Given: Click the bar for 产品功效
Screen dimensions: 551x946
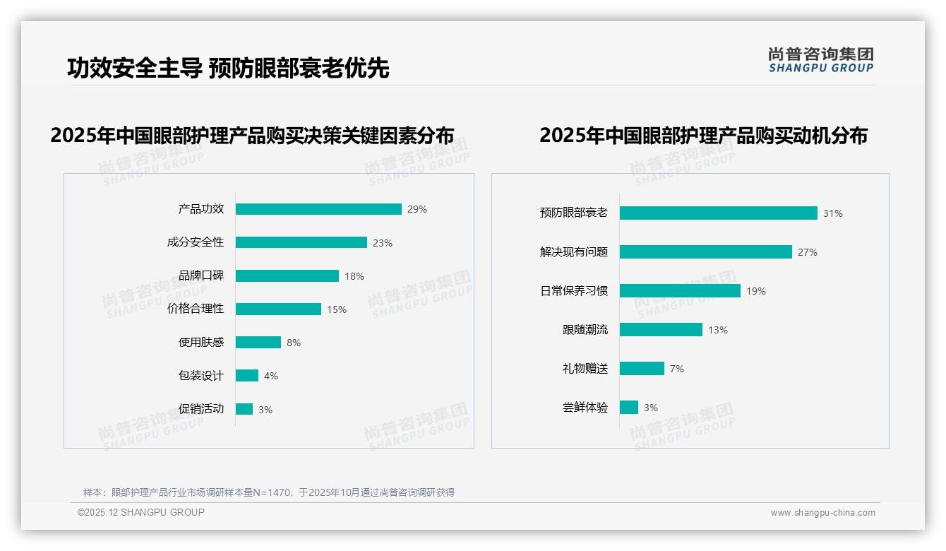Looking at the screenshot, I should (x=318, y=209).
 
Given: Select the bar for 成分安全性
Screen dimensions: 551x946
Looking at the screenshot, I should (x=301, y=242).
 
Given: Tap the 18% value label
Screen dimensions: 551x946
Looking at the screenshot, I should (x=354, y=276).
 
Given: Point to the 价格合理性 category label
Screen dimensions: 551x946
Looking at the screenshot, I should (x=196, y=309).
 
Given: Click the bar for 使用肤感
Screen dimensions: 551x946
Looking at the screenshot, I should (x=258, y=343).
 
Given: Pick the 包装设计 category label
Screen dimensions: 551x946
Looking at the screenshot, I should (x=201, y=376).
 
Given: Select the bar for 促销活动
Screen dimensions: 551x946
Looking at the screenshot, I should (x=244, y=409).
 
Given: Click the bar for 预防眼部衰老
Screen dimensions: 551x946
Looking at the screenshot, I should (x=719, y=213).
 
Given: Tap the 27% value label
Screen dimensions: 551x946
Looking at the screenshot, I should (x=808, y=252).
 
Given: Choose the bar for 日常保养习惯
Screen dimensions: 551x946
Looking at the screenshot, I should (x=680, y=291).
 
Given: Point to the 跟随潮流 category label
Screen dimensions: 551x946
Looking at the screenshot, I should (x=585, y=330).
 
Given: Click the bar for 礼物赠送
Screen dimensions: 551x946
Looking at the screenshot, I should (x=642, y=369).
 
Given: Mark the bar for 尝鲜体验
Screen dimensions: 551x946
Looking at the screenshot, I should (x=629, y=408).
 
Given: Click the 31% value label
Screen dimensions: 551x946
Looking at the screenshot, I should (x=833, y=213).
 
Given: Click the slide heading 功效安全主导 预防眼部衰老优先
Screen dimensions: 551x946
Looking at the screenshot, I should (x=228, y=68).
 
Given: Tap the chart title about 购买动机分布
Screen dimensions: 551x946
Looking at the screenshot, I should (x=703, y=136).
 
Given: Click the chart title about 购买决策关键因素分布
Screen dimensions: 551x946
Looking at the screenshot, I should (x=252, y=136).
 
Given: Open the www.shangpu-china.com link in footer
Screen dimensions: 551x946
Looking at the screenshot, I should (x=822, y=513).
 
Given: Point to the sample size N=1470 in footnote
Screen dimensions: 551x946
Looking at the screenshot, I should (x=271, y=492).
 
